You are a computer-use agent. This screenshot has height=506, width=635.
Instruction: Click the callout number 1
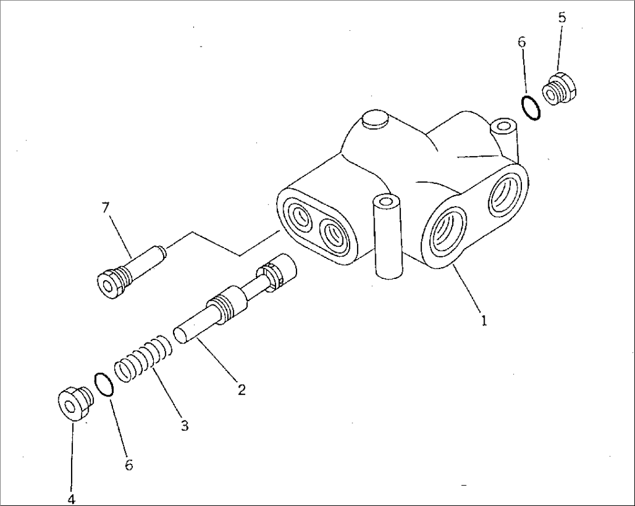coord(484,320)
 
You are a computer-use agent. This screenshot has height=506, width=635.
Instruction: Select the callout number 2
coord(241,390)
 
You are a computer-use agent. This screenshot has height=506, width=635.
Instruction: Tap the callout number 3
coord(184,426)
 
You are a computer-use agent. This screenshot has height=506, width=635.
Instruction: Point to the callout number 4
coord(71,499)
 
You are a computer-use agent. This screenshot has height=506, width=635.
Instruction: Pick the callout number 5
coord(562,17)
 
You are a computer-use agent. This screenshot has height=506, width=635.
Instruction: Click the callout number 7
coord(105,208)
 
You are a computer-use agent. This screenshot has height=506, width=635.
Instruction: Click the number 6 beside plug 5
coord(521,42)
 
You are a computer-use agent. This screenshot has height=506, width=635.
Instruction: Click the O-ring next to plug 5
coord(531,108)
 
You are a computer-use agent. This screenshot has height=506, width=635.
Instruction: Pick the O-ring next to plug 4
coord(103,384)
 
